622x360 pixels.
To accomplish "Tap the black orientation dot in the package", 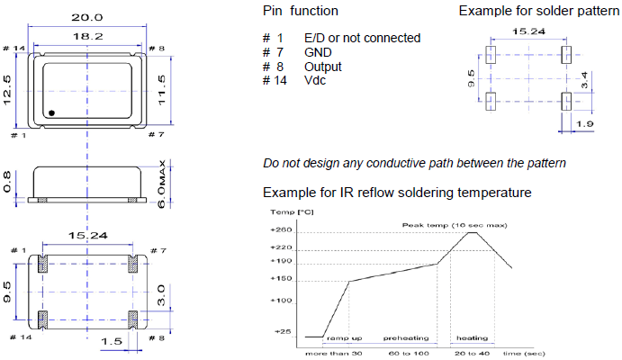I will click(x=53, y=113).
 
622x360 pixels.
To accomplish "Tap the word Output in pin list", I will click(x=323, y=67).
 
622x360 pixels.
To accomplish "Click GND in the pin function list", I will click(x=319, y=52).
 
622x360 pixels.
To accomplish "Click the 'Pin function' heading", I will click(x=301, y=11).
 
